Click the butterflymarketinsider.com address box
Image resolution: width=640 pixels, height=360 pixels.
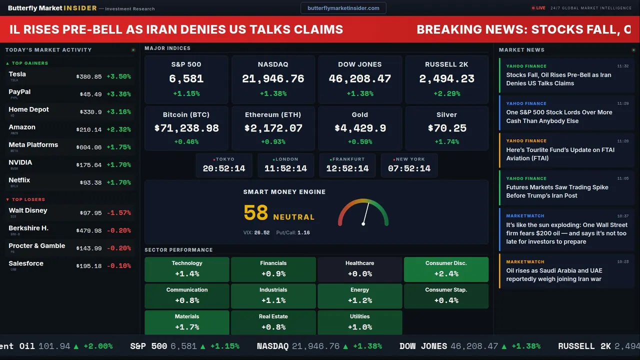(343, 8)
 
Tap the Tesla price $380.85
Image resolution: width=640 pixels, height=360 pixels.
(89, 77)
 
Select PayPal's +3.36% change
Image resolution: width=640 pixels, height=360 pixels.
(118, 94)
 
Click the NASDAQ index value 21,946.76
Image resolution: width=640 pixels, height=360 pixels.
(273, 79)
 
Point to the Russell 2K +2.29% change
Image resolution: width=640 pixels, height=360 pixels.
(446, 93)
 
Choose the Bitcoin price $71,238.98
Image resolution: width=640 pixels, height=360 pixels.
(186, 128)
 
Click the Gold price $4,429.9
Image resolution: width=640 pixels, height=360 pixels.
(360, 128)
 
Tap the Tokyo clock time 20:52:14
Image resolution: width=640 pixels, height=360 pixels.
(224, 168)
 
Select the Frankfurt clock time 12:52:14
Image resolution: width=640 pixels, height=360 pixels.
(347, 168)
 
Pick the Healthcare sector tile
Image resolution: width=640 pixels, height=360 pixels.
(359, 269)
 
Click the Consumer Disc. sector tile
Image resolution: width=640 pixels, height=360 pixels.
(446, 269)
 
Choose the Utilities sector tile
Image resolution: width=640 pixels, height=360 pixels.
(359, 322)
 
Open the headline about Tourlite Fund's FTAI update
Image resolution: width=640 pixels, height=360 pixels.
(560, 154)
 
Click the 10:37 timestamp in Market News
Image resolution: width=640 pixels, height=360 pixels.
(622, 216)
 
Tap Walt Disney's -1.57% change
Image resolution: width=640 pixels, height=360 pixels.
(118, 213)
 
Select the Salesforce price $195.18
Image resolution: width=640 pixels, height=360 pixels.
(89, 266)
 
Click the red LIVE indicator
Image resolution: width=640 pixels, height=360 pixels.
(539, 8)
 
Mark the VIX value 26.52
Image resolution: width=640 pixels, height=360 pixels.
(261, 233)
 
